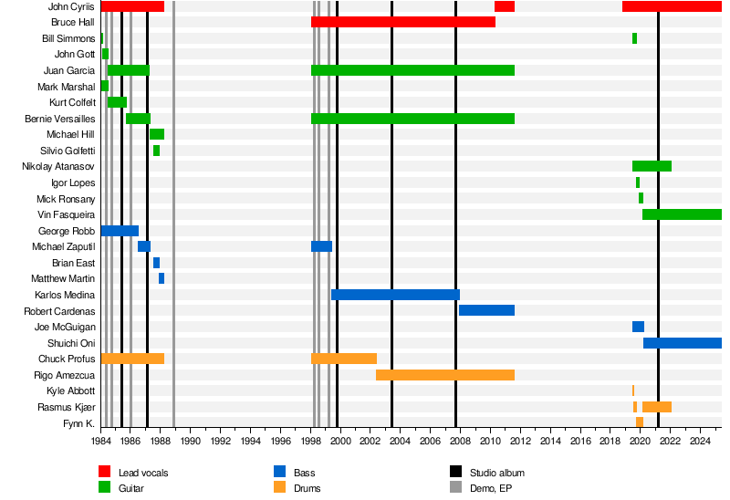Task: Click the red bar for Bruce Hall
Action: tap(402, 22)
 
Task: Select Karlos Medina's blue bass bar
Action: tap(395, 295)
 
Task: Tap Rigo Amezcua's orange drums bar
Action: tap(444, 375)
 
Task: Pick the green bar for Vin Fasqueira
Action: tap(682, 214)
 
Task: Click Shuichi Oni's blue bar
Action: tap(682, 343)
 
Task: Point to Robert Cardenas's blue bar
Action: tap(486, 311)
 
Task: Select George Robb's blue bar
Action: tap(120, 231)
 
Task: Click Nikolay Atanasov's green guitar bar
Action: tap(652, 166)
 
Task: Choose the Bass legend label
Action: tap(305, 473)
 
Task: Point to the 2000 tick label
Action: tap(340, 441)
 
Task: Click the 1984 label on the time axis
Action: tap(101, 441)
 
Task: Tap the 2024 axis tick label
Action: tap(700, 441)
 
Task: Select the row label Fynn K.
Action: tap(78, 423)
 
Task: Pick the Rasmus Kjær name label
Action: tap(66, 407)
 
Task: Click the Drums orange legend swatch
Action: tap(281, 488)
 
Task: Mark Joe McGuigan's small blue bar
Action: tap(638, 327)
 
